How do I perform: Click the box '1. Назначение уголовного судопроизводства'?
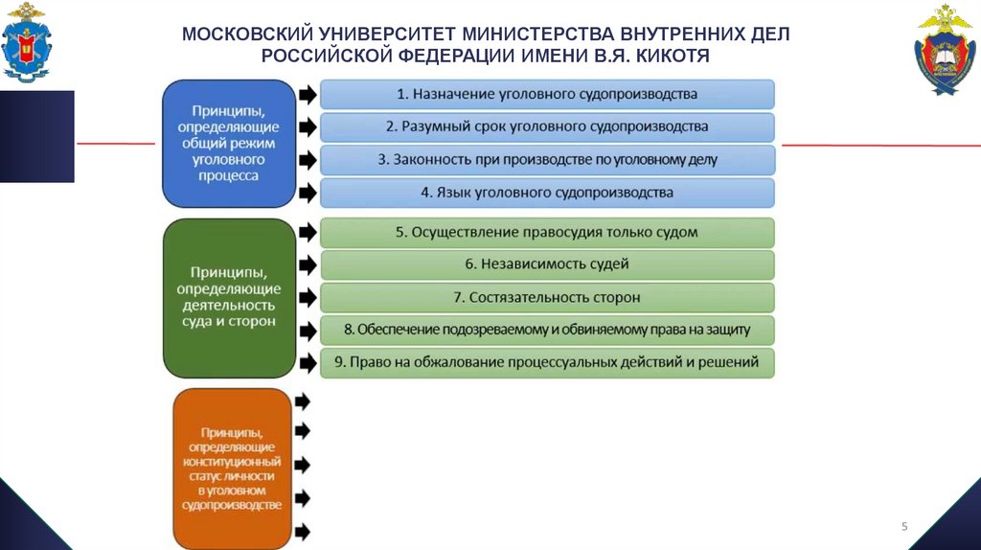point(546,94)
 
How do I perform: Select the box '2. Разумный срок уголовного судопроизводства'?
point(546,126)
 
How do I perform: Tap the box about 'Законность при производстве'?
point(546,159)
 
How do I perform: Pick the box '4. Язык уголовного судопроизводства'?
point(546,193)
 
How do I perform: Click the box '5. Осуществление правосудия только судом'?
point(546,232)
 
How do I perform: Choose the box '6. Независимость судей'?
point(546,264)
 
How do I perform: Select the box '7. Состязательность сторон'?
point(546,297)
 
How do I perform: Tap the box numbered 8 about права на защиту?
point(546,330)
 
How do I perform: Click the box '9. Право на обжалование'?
point(546,362)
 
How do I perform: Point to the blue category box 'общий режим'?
point(227,144)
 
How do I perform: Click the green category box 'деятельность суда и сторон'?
point(228,297)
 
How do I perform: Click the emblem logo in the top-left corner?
point(27,42)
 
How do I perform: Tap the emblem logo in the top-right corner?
point(945,50)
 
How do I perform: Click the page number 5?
point(904,526)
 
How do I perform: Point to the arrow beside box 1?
point(307,95)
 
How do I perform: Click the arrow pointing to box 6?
point(307,264)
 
